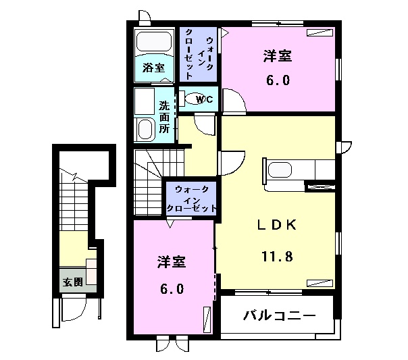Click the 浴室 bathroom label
pyautogui.click(x=153, y=68)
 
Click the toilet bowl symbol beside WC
pyautogui.click(x=192, y=99)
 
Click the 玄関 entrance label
pyautogui.click(x=73, y=282)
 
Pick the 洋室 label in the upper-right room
pyautogui.click(x=277, y=57)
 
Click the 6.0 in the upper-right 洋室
pyautogui.click(x=277, y=81)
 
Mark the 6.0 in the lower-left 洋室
pyautogui.click(x=172, y=288)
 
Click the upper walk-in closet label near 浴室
pyautogui.click(x=199, y=53)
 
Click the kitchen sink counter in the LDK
pyautogui.click(x=297, y=170)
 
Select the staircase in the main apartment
pyautogui.click(x=150, y=178)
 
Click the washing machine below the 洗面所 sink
pyautogui.click(x=146, y=128)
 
